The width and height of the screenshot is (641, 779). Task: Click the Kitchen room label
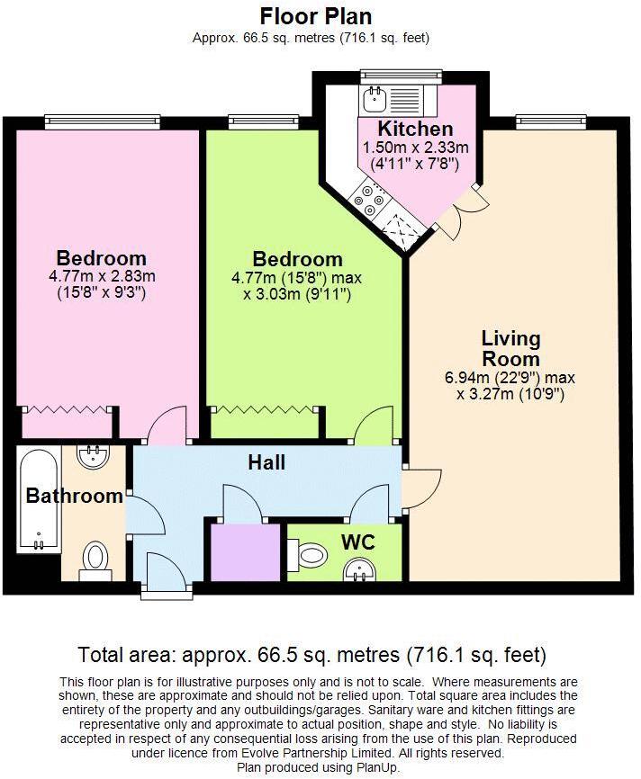click(415, 129)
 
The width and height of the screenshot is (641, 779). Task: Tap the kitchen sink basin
click(373, 98)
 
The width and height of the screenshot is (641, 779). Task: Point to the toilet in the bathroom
click(94, 560)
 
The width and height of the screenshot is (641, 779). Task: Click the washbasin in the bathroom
click(93, 456)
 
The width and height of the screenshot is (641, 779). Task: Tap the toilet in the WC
click(308, 553)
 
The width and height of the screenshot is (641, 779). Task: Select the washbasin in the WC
click(359, 569)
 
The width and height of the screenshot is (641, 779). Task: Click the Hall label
click(266, 462)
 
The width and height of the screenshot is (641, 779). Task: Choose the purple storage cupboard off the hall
click(246, 552)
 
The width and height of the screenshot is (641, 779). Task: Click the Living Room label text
click(510, 348)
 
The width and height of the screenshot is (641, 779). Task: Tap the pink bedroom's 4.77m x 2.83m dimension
click(102, 275)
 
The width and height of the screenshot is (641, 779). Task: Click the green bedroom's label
click(297, 259)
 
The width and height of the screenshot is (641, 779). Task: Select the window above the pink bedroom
click(103, 121)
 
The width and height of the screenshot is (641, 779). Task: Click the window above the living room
click(551, 121)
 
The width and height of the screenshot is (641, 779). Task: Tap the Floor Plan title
click(316, 16)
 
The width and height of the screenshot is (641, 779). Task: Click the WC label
click(358, 542)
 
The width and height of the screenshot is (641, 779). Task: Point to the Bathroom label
click(75, 496)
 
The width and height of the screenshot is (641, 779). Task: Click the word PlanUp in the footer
click(378, 767)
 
